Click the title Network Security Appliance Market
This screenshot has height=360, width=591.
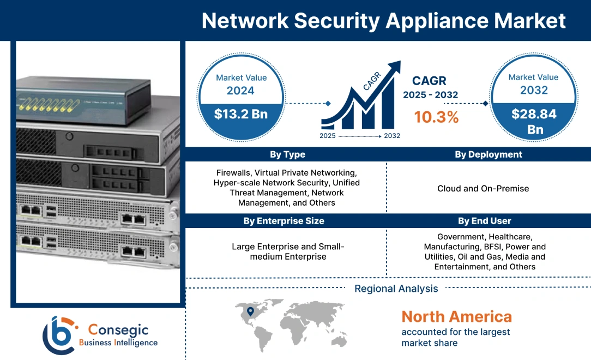click(x=384, y=21)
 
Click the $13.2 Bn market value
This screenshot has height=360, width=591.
click(x=240, y=114)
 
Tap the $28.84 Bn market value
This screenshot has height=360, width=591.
click(x=533, y=121)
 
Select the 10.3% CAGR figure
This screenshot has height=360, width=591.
click(x=436, y=117)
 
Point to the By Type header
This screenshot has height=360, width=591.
click(x=287, y=154)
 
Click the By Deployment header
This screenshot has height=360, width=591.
click(x=489, y=154)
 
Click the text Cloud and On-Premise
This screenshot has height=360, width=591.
click(x=483, y=189)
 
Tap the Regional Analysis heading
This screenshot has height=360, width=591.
click(x=396, y=289)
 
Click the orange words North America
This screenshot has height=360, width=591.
click(x=456, y=316)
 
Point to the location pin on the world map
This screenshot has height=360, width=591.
click(x=250, y=311)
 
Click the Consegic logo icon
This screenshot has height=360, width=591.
click(x=59, y=334)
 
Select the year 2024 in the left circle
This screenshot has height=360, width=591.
click(x=240, y=91)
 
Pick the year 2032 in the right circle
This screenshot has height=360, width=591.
click(x=533, y=90)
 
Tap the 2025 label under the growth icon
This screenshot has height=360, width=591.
click(x=328, y=135)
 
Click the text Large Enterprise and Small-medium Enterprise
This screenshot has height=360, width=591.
click(x=287, y=251)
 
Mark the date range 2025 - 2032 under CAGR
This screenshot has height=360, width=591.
click(x=430, y=95)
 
